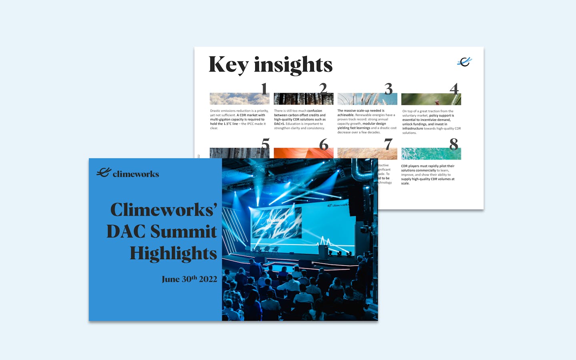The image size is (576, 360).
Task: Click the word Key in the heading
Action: pos(228,65)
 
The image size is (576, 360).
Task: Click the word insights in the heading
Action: pos(293,65)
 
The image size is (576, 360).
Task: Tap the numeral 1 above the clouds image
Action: pos(264,89)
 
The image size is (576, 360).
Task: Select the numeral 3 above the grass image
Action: pos(388,89)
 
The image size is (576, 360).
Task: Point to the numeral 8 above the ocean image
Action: pos(454,144)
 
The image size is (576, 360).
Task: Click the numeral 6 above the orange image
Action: pos(324,144)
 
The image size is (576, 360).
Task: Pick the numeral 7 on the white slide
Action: pos(388,144)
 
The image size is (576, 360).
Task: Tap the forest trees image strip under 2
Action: pos(303,99)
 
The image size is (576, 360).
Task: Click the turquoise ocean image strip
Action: pos(431,154)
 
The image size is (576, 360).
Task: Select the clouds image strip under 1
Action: pos(239,99)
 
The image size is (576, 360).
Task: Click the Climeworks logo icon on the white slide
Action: pos(464,62)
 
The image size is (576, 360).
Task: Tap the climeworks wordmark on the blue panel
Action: pos(136,174)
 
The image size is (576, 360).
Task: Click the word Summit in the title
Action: pos(184,232)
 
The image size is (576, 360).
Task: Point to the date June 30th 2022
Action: pos(189,279)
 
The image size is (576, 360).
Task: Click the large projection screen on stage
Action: pos(276,222)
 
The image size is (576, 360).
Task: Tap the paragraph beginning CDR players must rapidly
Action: pos(428,174)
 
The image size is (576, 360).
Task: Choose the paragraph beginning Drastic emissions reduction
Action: pos(239,119)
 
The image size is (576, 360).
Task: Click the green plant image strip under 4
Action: pos(431,99)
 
